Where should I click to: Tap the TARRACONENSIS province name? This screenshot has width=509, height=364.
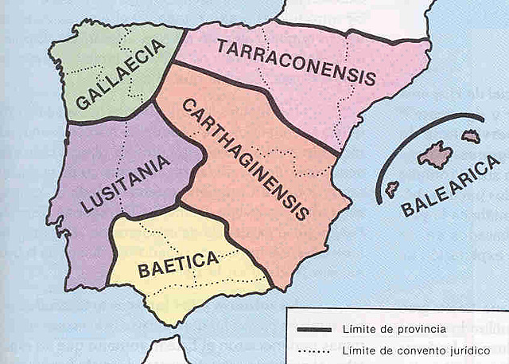295,63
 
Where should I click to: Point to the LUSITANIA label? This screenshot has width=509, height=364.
126,184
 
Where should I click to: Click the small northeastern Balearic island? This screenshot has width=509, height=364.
471,136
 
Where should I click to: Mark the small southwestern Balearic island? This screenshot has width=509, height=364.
392,189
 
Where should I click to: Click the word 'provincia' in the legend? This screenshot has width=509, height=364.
422,329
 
